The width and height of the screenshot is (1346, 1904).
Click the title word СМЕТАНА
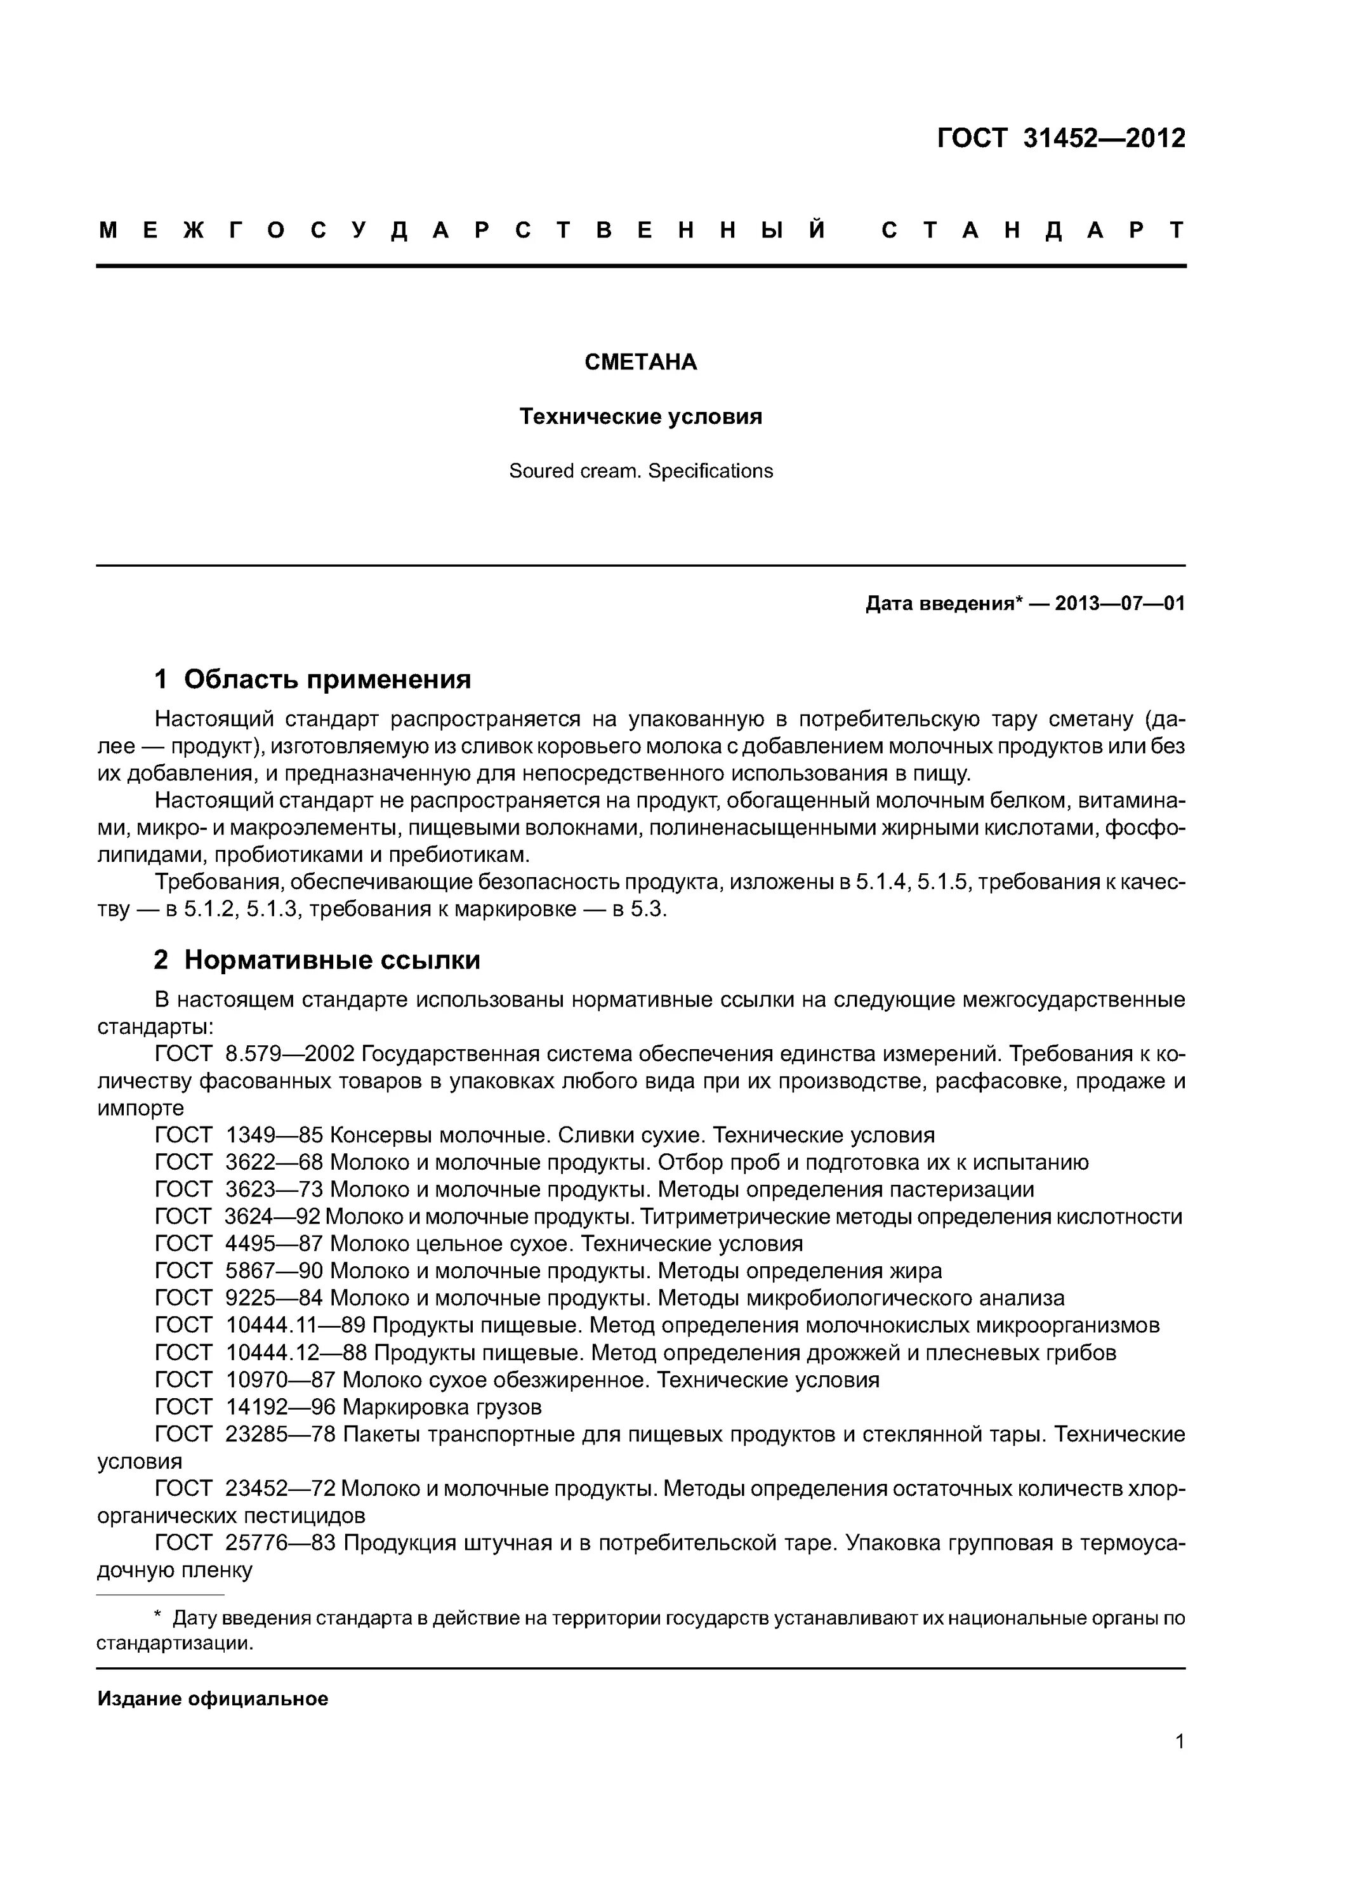pyautogui.click(x=640, y=362)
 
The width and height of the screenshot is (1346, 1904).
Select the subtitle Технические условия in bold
pyautogui.click(x=640, y=416)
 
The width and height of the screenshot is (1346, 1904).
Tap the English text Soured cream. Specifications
pyautogui.click(x=640, y=471)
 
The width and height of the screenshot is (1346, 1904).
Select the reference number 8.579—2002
pyautogui.click(x=289, y=1054)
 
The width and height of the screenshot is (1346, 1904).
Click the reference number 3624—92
pyautogui.click(x=273, y=1217)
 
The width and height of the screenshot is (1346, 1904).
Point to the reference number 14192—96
pyautogui.click(x=280, y=1406)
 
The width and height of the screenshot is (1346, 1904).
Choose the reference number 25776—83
pyautogui.click(x=280, y=1542)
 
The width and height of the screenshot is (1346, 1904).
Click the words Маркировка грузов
pyautogui.click(x=442, y=1406)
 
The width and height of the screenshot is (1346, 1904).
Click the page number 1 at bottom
pyautogui.click(x=1179, y=1764)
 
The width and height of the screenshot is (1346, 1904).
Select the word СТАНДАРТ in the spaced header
pyautogui.click(x=1033, y=230)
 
